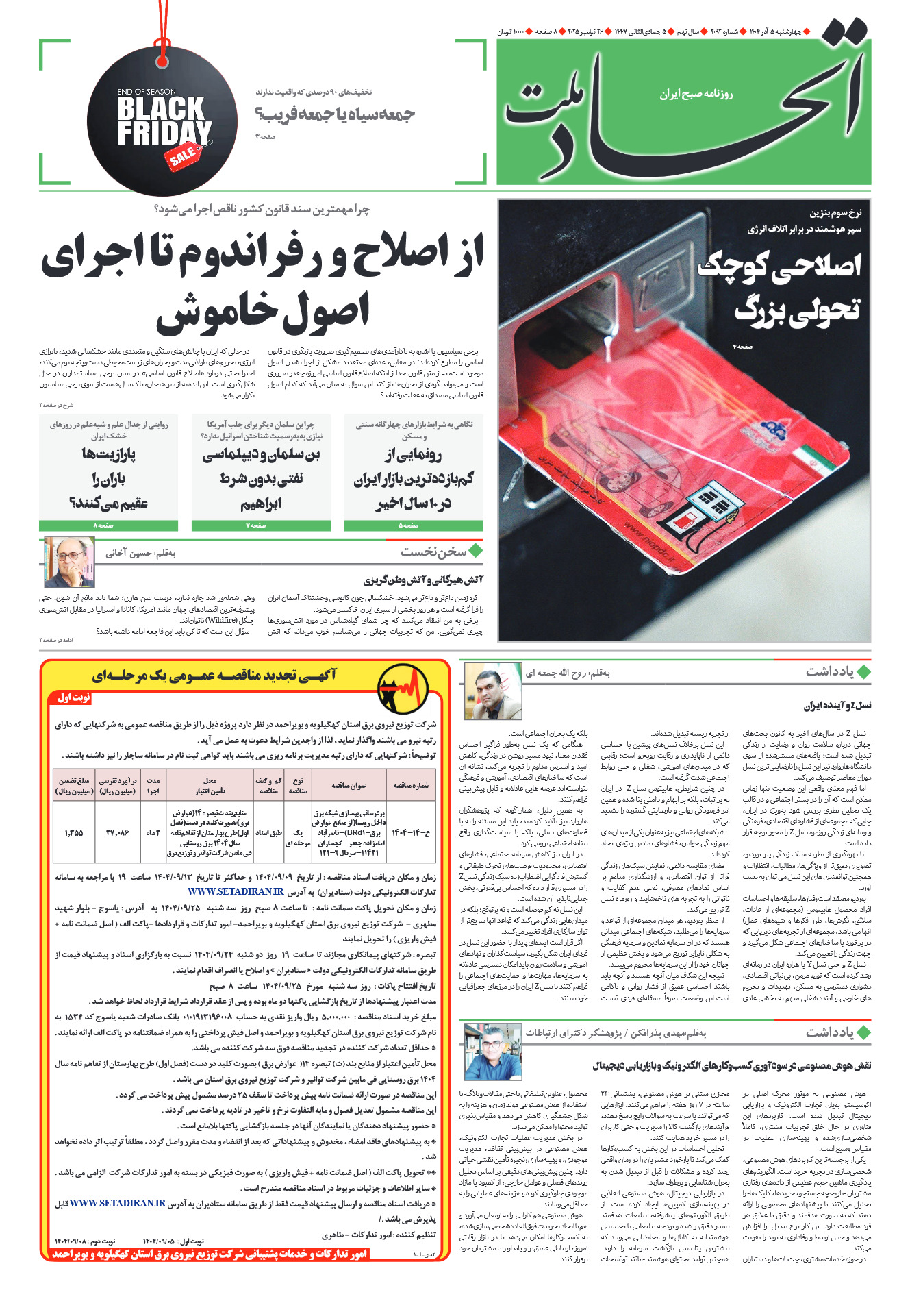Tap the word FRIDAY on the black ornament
(164, 133)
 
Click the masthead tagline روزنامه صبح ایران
(696, 94)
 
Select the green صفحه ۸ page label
(108, 525)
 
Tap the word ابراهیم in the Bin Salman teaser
(260, 505)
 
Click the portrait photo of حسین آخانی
(69, 562)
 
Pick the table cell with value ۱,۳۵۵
(74, 832)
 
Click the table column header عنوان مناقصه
(349, 785)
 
